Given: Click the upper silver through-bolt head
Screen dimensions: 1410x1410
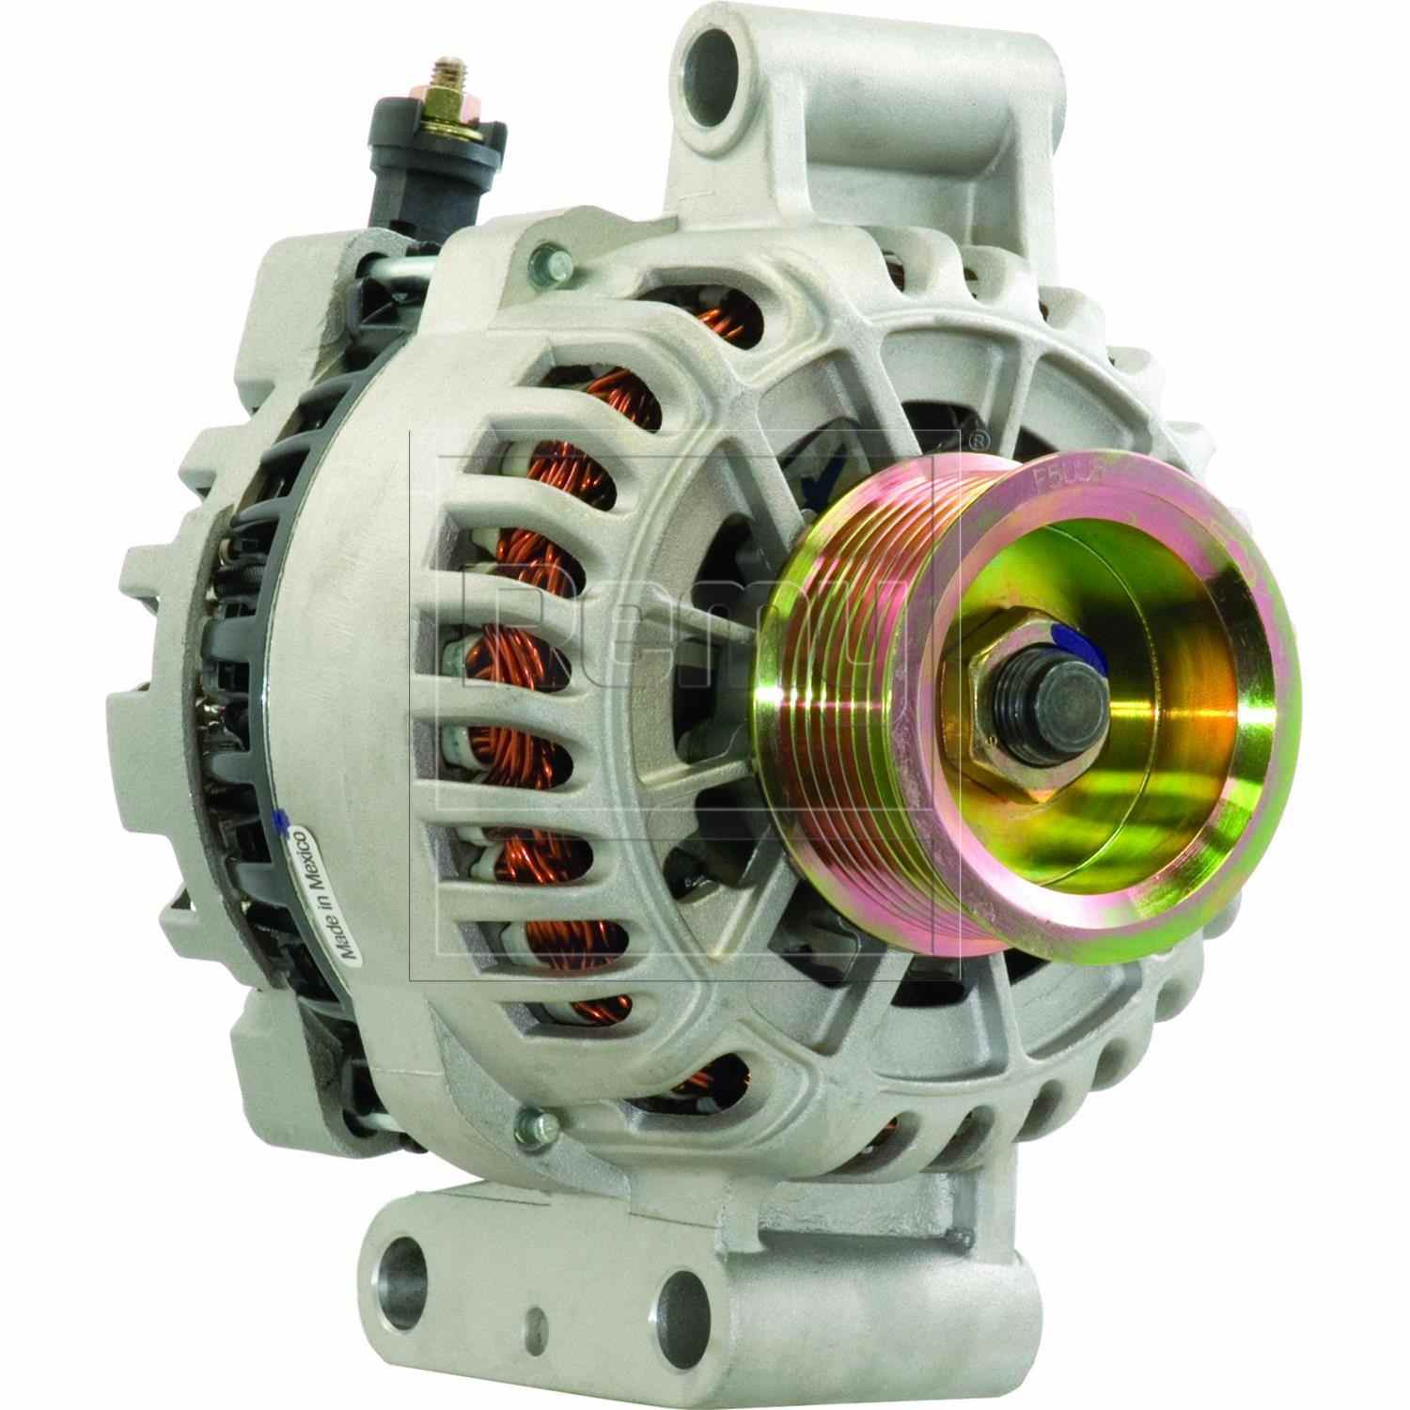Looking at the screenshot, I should (544, 256).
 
